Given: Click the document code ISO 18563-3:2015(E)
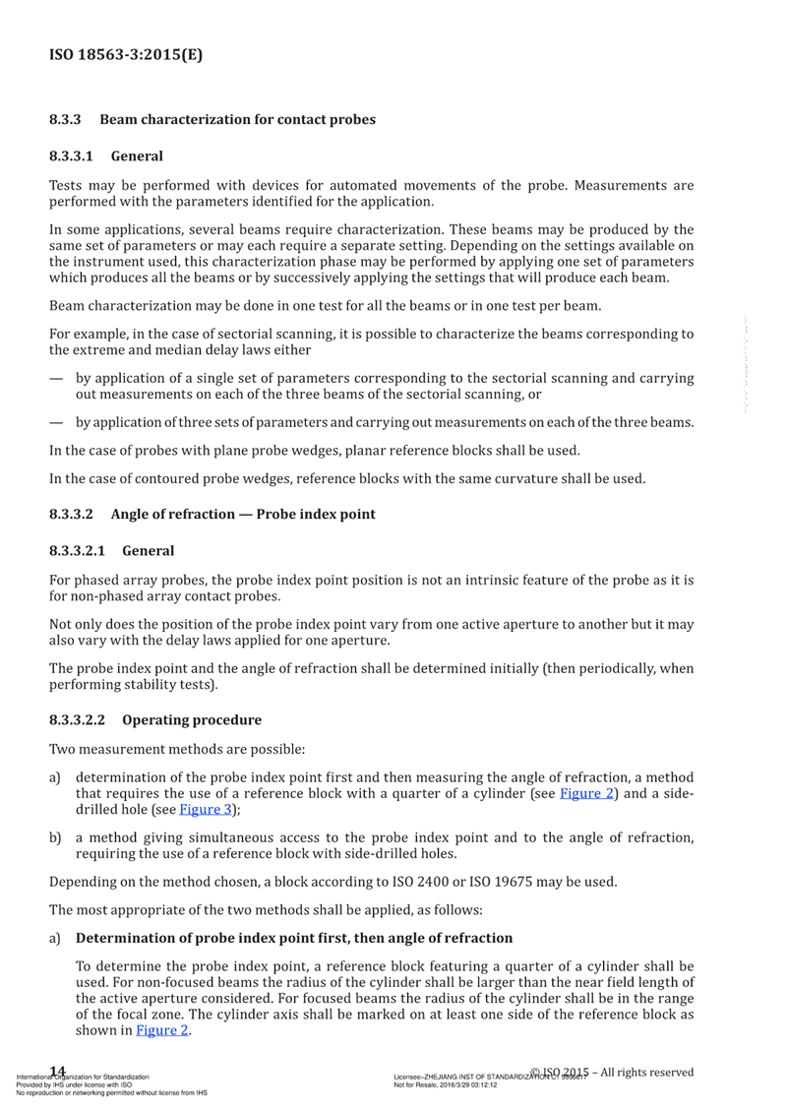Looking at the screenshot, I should [x=125, y=55].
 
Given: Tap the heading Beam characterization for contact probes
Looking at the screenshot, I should [x=238, y=120].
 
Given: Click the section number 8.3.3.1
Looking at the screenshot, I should [x=72, y=155].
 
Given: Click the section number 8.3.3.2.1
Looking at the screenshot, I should [x=78, y=548].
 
